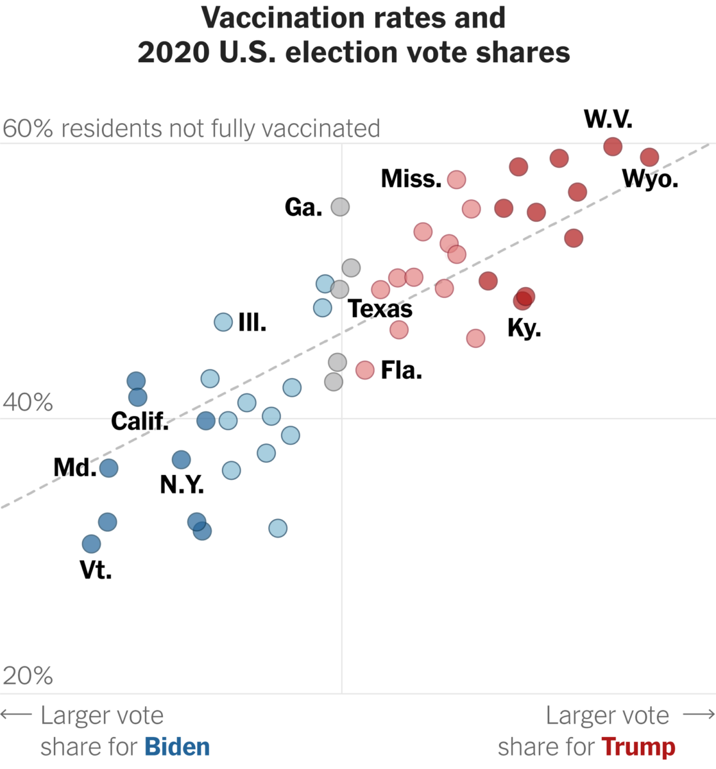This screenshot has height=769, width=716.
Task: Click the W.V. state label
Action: tap(608, 119)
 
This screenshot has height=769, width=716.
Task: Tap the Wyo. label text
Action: tap(650, 179)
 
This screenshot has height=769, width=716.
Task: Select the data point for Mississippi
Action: tap(456, 179)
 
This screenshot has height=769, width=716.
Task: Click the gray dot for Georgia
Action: tap(340, 206)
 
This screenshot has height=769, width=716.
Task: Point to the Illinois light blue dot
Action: tap(223, 322)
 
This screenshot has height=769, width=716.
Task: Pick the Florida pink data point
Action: tap(365, 370)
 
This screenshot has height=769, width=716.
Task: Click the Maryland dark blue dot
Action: tap(108, 468)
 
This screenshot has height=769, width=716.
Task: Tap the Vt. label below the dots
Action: tap(96, 570)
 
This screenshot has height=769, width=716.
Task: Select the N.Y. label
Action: tap(182, 484)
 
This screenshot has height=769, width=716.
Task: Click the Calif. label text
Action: tap(139, 421)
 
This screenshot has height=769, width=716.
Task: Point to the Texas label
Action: tap(380, 309)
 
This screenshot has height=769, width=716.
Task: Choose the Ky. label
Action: tap(524, 328)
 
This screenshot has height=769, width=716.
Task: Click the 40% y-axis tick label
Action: tap(28, 402)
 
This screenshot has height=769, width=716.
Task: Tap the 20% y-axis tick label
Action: tap(28, 675)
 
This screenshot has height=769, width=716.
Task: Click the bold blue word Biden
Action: tap(177, 747)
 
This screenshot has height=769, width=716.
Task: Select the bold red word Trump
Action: tap(638, 747)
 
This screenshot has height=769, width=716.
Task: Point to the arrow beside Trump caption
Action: tap(699, 715)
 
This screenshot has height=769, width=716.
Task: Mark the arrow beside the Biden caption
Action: tap(16, 715)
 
